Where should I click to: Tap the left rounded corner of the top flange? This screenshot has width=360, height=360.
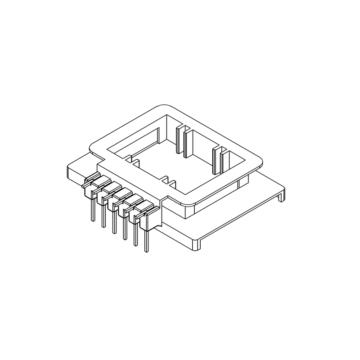tap(92, 148)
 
